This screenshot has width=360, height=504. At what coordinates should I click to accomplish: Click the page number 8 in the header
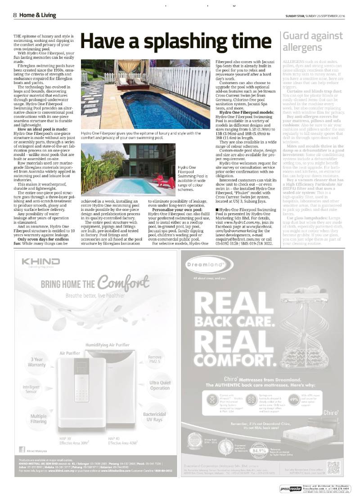pos(15,15)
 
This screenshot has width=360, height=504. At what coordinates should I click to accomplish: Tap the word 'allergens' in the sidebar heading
pos(302,48)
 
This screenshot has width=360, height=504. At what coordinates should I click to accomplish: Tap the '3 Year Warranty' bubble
pos(37,362)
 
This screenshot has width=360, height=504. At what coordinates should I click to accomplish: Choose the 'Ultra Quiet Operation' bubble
pos(160,385)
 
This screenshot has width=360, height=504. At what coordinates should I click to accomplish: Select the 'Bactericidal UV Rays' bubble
pos(155,417)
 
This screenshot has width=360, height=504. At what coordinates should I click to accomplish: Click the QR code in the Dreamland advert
pos(333,468)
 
